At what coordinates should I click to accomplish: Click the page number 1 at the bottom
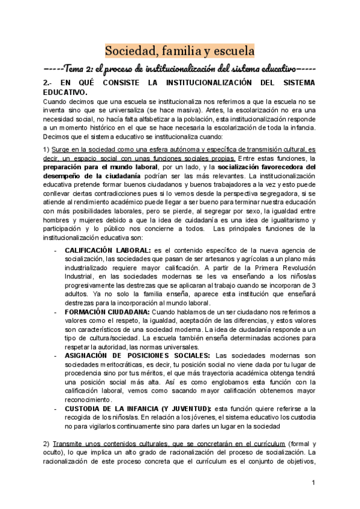click(x=313, y=484)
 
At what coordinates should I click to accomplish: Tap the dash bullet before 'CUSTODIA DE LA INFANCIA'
click(x=55, y=408)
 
